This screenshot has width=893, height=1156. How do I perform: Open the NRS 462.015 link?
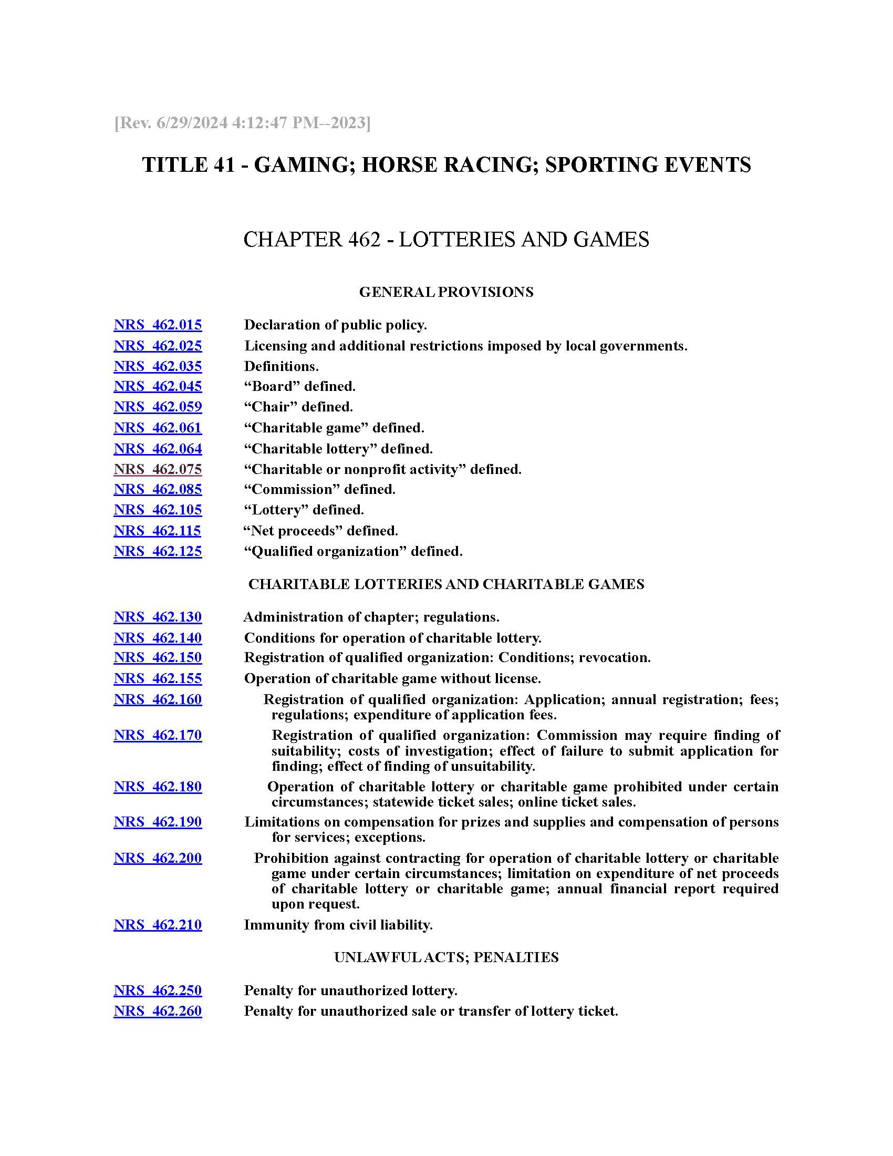click(158, 325)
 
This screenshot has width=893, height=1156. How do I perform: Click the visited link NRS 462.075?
click(158, 469)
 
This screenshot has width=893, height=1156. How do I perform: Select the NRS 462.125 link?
click(158, 552)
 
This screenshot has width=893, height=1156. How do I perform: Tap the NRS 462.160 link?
click(158, 700)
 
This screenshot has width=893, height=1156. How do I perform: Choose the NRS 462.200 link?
click(158, 858)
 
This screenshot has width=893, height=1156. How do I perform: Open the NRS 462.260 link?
click(158, 1012)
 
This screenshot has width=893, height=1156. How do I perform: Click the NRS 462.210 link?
click(158, 925)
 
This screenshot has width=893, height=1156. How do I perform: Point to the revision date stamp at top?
click(242, 123)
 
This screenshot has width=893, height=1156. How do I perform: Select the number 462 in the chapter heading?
click(365, 240)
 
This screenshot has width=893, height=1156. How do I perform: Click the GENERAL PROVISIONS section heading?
click(446, 292)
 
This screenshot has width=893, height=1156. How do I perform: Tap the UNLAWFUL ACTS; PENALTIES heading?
click(446, 957)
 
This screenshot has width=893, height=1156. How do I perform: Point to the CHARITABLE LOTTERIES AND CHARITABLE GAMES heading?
click(446, 584)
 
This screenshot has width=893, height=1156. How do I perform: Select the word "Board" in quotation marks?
click(272, 387)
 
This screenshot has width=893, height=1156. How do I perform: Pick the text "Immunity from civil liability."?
click(338, 925)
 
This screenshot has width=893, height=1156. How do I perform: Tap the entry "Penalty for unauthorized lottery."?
click(350, 990)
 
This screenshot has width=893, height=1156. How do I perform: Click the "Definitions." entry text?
click(281, 366)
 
